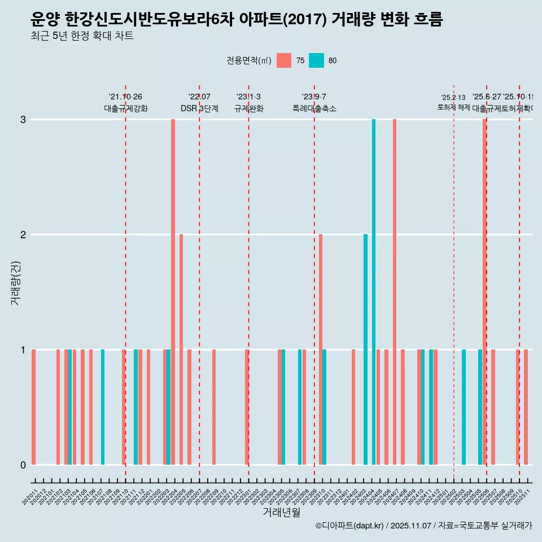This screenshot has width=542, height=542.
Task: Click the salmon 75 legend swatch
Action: coord(284,60)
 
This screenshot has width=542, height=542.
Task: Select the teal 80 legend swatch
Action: coord(316,60)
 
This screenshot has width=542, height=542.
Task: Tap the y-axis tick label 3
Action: coord(23,120)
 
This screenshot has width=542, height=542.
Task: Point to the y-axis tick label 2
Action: coord(23,234)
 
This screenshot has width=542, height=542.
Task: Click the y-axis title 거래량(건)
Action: coord(15,282)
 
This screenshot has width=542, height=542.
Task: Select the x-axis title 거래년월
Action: coord(281,512)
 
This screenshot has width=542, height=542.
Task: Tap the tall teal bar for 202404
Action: coord(374,292)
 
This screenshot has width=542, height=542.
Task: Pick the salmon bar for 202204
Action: coord(173,292)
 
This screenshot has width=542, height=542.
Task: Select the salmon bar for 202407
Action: coord(395,292)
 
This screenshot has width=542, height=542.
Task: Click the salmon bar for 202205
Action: coord(181,349)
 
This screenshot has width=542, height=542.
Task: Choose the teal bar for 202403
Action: coord(365,349)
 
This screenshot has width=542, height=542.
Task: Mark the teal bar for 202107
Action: coord(103,407)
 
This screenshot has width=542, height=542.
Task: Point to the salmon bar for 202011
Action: coord(34,407)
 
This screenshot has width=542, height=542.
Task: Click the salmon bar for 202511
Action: coord(526,407)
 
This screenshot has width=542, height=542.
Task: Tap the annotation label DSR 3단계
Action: coord(199,108)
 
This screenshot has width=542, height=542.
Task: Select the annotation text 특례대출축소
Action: coord(314,108)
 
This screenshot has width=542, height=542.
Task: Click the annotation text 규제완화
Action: coord(249,108)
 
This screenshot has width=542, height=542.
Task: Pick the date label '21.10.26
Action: coord(125,97)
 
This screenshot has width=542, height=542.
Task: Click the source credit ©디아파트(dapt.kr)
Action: coord(350,526)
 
